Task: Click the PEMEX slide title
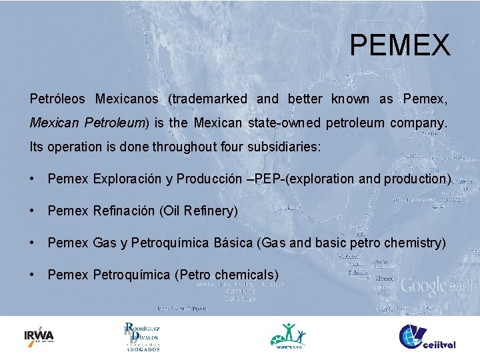pyautogui.click(x=400, y=45)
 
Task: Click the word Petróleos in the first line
pyautogui.click(x=57, y=99)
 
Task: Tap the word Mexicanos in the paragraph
pyautogui.click(x=127, y=99)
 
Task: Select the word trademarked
pyautogui.click(x=207, y=99)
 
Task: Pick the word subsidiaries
pyautogui.click(x=286, y=146)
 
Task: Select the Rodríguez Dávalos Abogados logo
pyautogui.click(x=142, y=336)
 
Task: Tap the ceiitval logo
pyautogui.click(x=427, y=336)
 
